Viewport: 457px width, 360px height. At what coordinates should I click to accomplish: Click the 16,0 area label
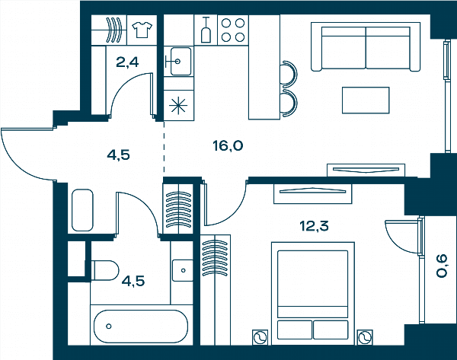pos(228,145)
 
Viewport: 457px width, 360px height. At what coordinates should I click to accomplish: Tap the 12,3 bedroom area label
pos(314,226)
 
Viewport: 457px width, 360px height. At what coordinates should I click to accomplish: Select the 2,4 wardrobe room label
pos(127,62)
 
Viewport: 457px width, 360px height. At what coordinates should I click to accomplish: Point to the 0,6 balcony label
pos(442,266)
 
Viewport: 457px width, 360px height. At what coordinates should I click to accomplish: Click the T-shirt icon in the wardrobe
pos(142,30)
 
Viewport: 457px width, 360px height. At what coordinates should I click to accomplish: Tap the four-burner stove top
pos(233,30)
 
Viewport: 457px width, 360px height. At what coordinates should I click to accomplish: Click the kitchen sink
pos(179,61)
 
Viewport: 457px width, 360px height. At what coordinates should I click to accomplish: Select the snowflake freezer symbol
pos(178,106)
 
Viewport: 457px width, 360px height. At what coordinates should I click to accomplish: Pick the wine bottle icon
pos(206,30)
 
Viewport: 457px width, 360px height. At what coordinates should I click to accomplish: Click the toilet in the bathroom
pos(105,271)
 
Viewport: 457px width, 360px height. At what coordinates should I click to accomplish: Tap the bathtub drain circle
pos(109,327)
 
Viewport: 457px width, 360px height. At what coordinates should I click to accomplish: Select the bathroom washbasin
pos(183,270)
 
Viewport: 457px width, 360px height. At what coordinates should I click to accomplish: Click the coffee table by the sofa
pos(366,100)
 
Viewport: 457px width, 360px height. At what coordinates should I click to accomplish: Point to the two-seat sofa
pos(366,47)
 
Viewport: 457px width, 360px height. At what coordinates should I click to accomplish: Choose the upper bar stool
pos(289,74)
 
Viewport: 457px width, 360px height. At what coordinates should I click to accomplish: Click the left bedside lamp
pos(260,337)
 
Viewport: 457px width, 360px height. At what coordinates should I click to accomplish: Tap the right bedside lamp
pos(365,337)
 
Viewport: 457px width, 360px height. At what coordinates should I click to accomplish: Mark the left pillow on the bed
pos(295,330)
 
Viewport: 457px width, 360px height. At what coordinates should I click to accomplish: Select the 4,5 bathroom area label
pos(133,282)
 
